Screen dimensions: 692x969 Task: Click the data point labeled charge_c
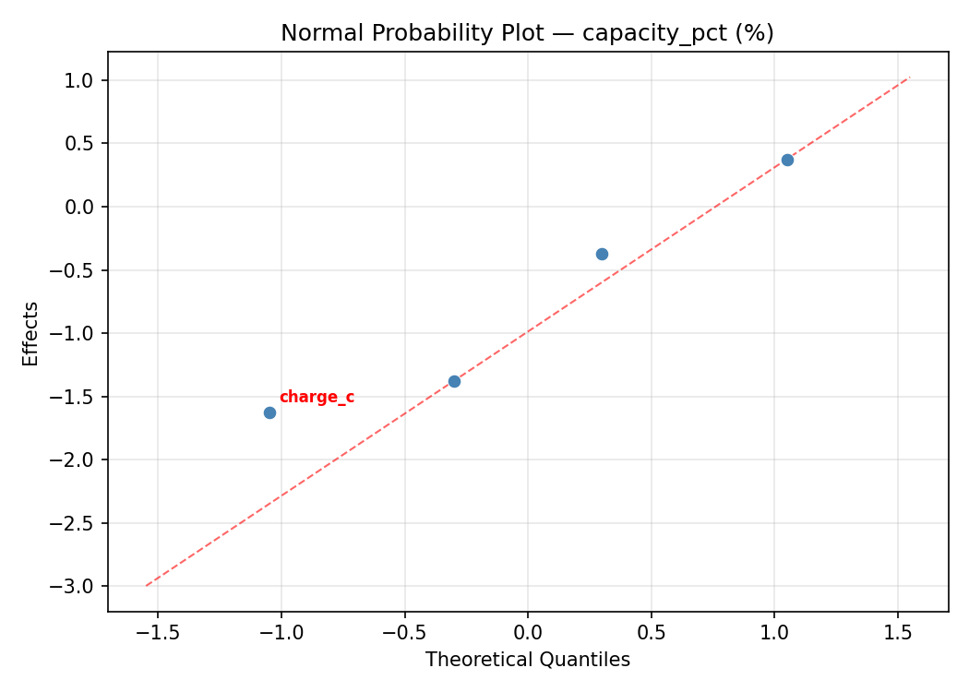269,412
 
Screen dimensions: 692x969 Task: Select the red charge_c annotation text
317,398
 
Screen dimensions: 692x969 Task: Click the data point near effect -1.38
454,381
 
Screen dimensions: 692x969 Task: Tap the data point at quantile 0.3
602,254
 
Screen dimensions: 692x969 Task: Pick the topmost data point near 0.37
787,160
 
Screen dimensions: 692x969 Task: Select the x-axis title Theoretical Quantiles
527,660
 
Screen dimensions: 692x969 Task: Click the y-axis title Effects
31,333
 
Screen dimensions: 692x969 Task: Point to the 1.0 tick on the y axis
80,80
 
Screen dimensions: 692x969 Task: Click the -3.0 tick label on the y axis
76,587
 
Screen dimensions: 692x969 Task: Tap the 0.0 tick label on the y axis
80,207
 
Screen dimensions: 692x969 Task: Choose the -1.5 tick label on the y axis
76,397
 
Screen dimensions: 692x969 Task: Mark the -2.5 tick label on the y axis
76,523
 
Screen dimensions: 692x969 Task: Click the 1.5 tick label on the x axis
898,633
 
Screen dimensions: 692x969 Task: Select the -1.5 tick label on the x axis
157,633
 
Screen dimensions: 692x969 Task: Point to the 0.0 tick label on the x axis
527,633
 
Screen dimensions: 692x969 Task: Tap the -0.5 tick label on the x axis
403,633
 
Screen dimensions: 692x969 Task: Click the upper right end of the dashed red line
910,77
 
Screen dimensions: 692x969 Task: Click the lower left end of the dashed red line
146,585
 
